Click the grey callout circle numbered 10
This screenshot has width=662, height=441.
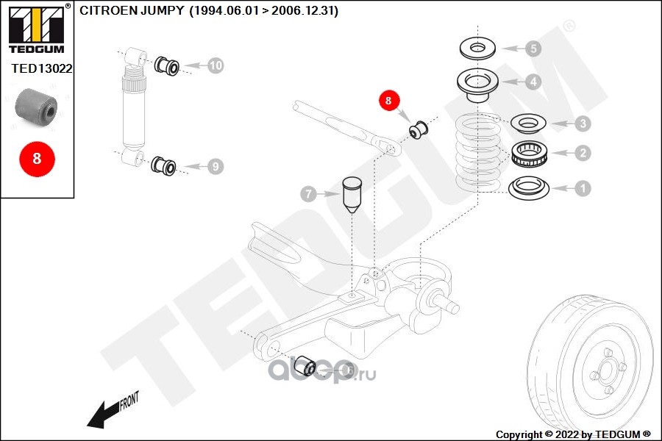click(x=216, y=65)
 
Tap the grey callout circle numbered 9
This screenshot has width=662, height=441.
click(x=216, y=166)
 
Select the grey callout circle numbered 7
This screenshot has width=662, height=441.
click(x=309, y=194)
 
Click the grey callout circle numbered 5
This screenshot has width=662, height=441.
click(x=533, y=49)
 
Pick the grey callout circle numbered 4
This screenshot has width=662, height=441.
click(x=533, y=82)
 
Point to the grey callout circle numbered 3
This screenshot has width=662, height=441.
click(x=583, y=123)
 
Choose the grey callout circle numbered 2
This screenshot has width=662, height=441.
click(x=583, y=153)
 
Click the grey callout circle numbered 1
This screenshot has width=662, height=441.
click(x=583, y=188)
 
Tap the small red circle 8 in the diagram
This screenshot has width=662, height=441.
click(x=388, y=101)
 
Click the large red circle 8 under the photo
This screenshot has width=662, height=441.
click(x=38, y=159)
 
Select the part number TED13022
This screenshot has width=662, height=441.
click(x=41, y=68)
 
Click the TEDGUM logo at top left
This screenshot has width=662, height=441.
click(x=38, y=29)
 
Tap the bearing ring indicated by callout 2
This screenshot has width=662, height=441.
click(x=530, y=153)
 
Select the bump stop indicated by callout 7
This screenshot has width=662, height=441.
click(x=352, y=195)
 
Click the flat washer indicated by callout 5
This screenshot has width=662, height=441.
click(x=477, y=49)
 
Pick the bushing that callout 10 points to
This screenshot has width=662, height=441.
click(x=167, y=66)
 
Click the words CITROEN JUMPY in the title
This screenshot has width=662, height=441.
click(x=132, y=10)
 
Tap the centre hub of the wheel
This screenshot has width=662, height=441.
click(x=606, y=371)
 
